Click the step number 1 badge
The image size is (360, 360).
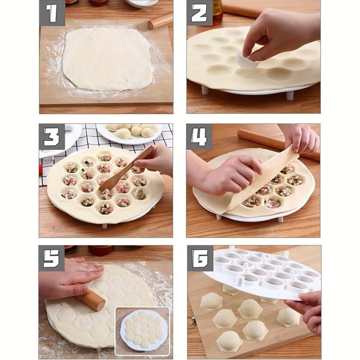(52, 13)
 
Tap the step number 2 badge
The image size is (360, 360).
(200, 13)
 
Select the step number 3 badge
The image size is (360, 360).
(52, 137)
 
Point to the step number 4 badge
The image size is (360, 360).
(200, 137)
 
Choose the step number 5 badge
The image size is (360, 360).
(52, 258)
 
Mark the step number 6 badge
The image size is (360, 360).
(200, 258)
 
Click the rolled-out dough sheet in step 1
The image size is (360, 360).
(107, 58)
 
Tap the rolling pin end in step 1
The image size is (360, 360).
(161, 21)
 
